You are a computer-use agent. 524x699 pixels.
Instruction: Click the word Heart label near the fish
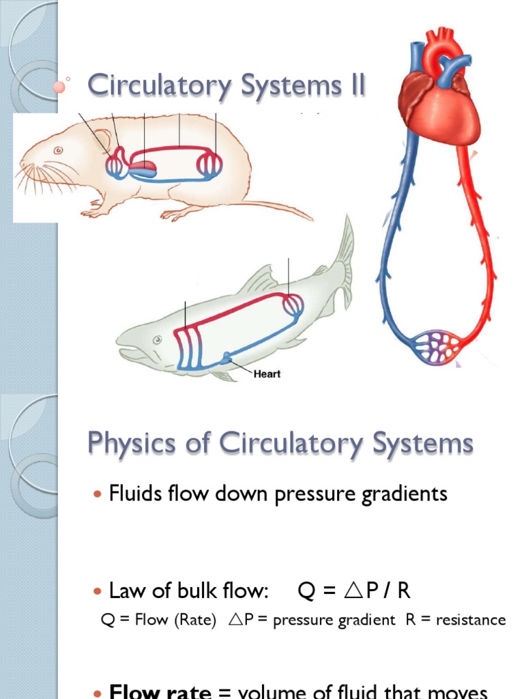click(x=267, y=374)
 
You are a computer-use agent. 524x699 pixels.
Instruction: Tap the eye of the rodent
click(x=59, y=150)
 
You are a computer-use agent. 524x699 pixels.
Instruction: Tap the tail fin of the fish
click(x=345, y=259)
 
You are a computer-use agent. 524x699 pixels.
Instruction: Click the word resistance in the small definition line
click(x=471, y=620)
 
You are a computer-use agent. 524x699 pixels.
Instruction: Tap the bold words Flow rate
click(x=160, y=692)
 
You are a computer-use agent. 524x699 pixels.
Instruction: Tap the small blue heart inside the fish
click(x=227, y=356)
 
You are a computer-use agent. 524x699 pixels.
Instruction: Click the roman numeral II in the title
click(x=351, y=87)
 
